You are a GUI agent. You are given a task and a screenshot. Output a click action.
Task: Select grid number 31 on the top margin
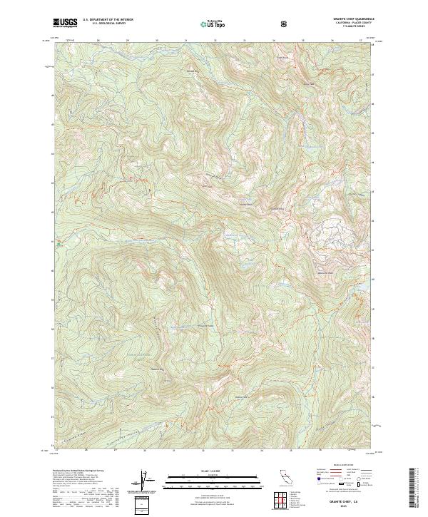tap(185, 41)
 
